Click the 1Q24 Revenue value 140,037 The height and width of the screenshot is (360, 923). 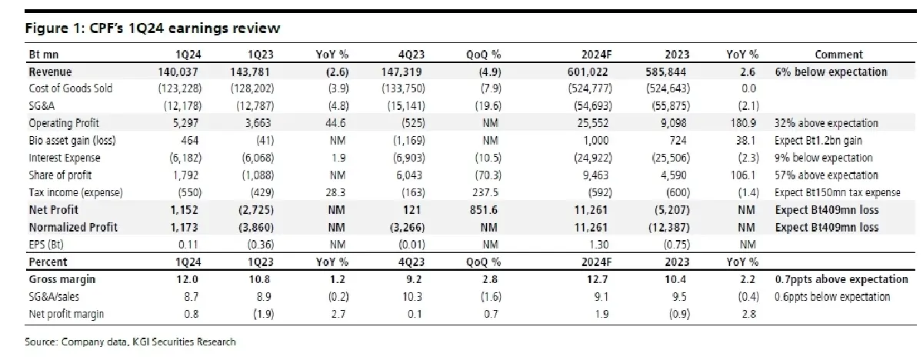tap(178, 72)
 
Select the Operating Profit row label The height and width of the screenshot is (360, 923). tap(64, 123)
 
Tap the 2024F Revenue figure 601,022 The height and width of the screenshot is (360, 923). tap(588, 72)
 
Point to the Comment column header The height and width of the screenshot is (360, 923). tap(838, 55)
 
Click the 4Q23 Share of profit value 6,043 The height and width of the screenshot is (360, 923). tap(409, 175)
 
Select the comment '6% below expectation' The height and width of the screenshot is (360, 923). tap(831, 72)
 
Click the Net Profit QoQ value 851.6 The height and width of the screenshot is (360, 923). tap(484, 210)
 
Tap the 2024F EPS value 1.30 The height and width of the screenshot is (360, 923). tap(598, 245)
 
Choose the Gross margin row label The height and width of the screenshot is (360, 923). tap(62, 280)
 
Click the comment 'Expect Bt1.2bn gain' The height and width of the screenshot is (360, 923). tap(818, 141)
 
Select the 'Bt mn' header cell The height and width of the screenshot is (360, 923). tap(44, 55)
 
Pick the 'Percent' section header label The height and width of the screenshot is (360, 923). tap(48, 262)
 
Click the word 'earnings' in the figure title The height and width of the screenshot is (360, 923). tap(197, 28)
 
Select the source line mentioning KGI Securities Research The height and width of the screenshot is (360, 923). tap(130, 342)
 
